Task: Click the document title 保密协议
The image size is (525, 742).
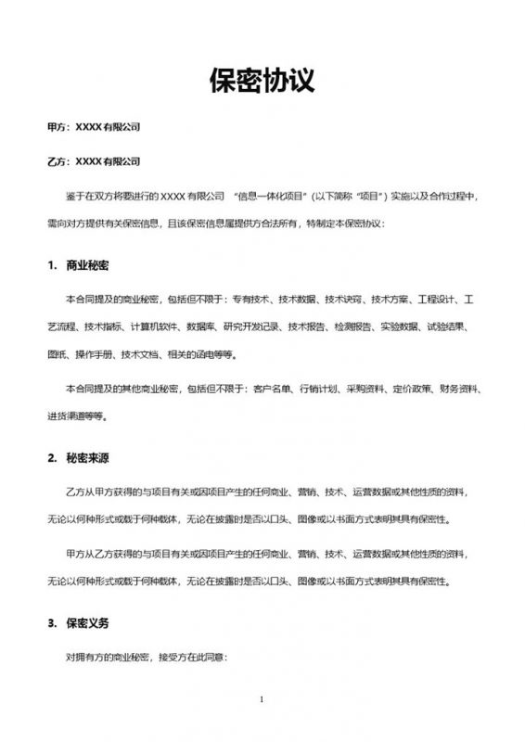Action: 262,82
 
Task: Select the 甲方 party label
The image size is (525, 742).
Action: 57,125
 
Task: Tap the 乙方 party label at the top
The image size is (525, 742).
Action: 57,160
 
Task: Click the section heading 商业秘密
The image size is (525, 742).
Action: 87,266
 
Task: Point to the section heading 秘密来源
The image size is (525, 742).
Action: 87,459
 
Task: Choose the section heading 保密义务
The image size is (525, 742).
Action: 87,624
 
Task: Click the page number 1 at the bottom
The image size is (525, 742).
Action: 262,699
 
